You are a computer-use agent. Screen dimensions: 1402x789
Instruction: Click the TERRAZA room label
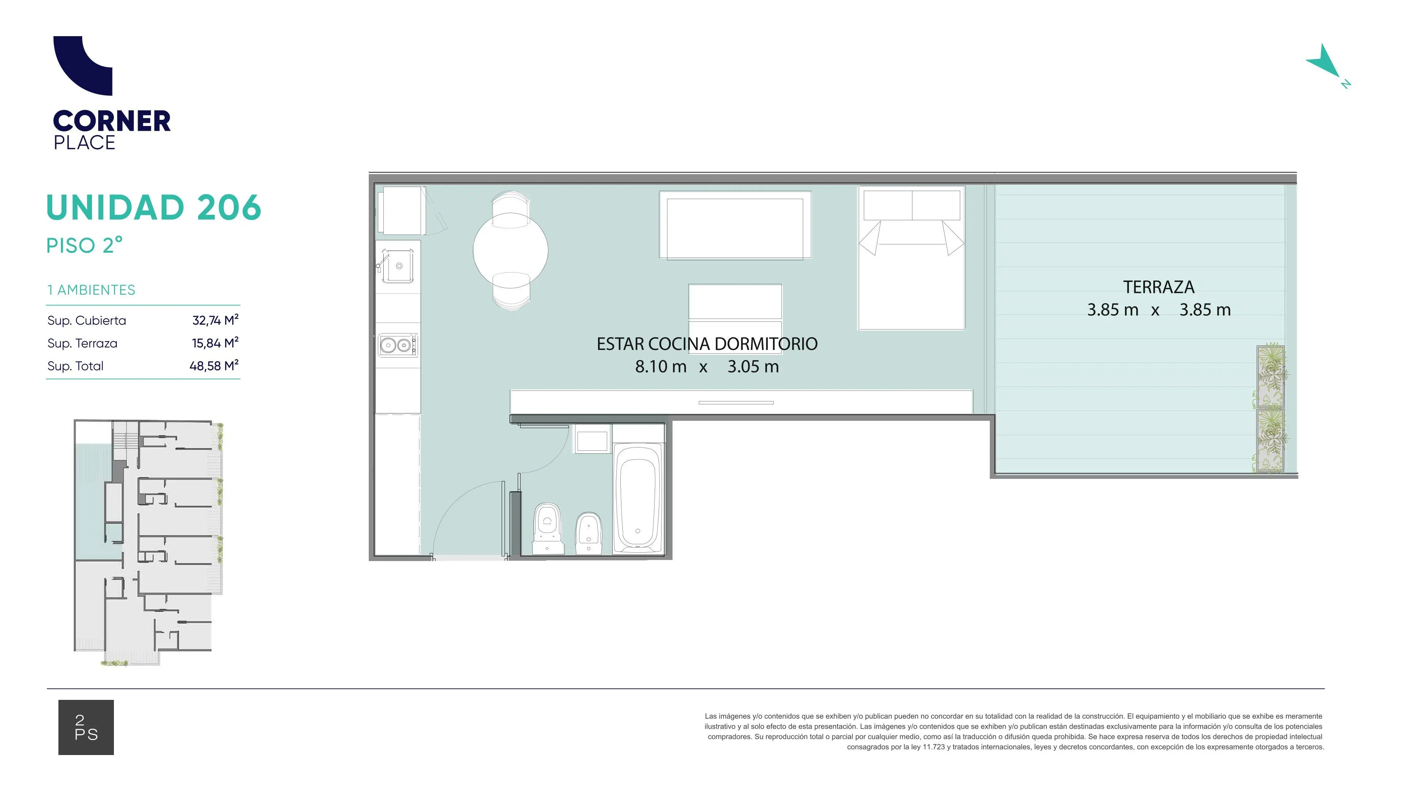(x=1159, y=287)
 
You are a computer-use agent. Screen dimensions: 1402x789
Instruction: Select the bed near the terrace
(x=912, y=258)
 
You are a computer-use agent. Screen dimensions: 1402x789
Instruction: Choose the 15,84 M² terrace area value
(x=215, y=343)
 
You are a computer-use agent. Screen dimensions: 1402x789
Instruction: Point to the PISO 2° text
(x=84, y=245)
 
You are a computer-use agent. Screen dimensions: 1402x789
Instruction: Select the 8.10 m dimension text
(x=661, y=366)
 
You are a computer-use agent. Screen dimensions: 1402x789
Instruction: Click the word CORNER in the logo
(x=112, y=121)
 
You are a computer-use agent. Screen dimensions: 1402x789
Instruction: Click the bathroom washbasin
(x=592, y=441)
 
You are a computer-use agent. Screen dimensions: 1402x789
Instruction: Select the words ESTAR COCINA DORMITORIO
(x=707, y=344)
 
